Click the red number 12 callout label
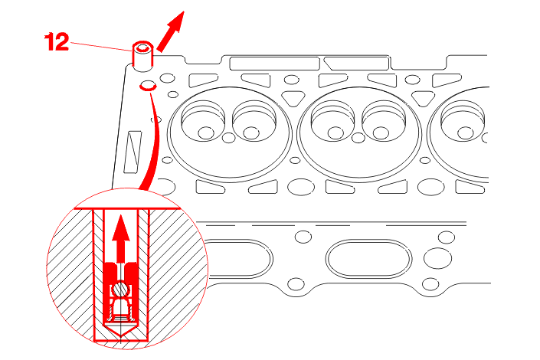point(57,42)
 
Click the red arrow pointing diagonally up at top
point(171,31)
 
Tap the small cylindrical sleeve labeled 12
point(142,57)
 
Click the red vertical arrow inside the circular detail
point(120,238)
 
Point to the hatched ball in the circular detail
point(120,289)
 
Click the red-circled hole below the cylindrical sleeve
point(148,86)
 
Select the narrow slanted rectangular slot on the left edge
point(133,151)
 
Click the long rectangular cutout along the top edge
point(274,64)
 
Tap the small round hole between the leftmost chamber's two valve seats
point(229,138)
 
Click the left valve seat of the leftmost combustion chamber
point(203,120)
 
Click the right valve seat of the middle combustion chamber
point(384,120)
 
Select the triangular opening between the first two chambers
point(293,98)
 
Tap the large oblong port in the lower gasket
point(369,259)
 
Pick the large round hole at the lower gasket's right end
point(437,258)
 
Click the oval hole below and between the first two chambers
point(301,187)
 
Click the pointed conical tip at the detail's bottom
point(121,330)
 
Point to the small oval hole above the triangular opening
point(292,80)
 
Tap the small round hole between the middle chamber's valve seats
point(358,138)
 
